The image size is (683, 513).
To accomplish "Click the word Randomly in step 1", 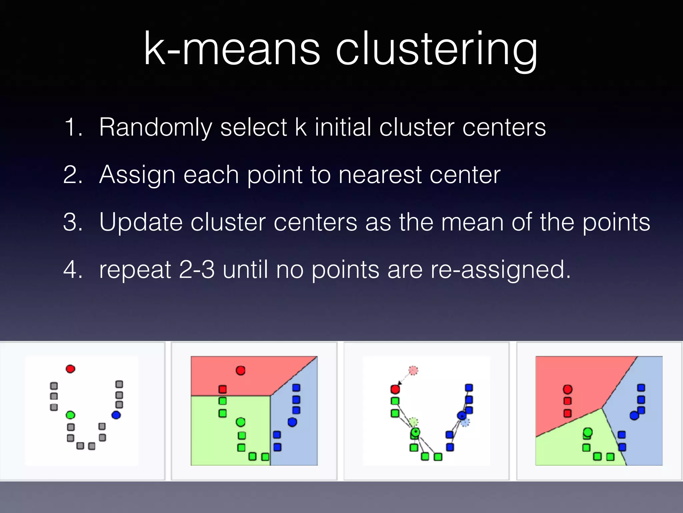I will (x=155, y=128).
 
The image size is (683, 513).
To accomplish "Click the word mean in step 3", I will (x=472, y=222).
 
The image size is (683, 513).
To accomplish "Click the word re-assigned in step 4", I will (x=500, y=270).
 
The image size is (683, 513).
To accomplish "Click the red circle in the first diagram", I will (x=70, y=369).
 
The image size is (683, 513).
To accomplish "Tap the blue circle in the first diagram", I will (x=116, y=415).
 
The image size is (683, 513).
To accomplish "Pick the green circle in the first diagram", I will (x=70, y=415).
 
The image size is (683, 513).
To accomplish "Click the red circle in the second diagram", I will (x=240, y=370).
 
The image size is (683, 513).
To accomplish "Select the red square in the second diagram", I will (x=222, y=389).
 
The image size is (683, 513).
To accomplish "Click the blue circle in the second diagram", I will (x=292, y=422).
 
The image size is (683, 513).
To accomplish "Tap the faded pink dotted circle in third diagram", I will (x=413, y=370).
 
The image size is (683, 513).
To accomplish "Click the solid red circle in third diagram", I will (x=395, y=389).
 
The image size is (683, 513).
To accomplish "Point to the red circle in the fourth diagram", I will (x=568, y=389).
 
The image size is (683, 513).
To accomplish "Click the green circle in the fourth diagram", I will (x=588, y=433).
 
